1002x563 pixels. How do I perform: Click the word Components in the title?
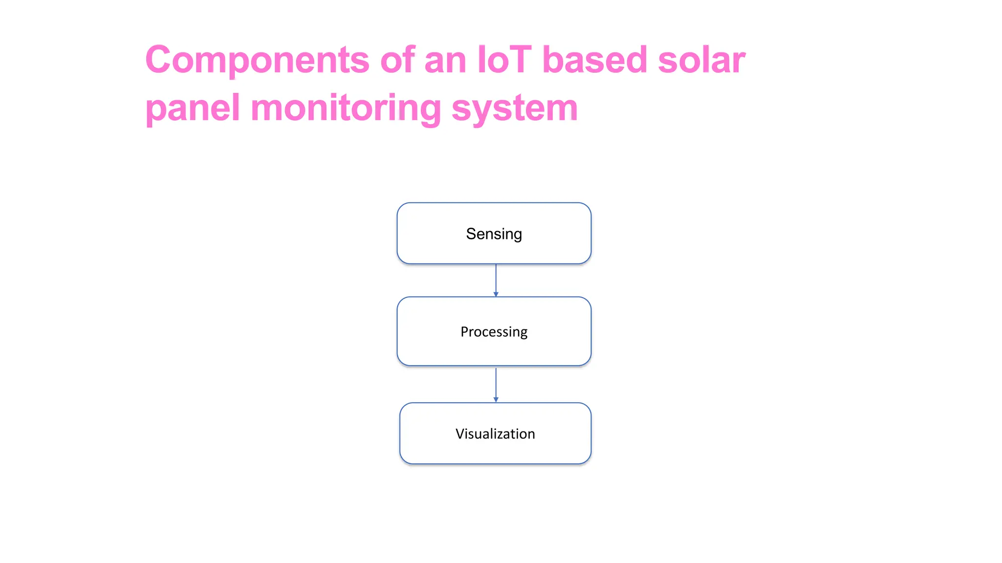point(257,60)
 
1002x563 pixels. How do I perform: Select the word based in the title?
point(594,60)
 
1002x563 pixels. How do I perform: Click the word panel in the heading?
point(192,108)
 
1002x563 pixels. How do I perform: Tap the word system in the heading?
point(514,108)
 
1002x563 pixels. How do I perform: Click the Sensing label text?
point(494,234)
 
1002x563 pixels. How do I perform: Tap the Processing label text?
point(494,332)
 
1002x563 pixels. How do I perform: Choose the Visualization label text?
point(495,434)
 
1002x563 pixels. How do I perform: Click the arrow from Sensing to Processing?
point(496,279)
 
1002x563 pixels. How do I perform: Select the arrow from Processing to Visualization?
point(496,383)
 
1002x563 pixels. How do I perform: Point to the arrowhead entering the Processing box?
point(496,294)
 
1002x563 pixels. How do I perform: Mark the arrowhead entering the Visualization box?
point(496,400)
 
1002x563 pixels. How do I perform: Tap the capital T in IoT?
point(521,60)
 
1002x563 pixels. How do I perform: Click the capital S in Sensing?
point(470,234)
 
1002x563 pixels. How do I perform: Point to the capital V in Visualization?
point(459,433)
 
